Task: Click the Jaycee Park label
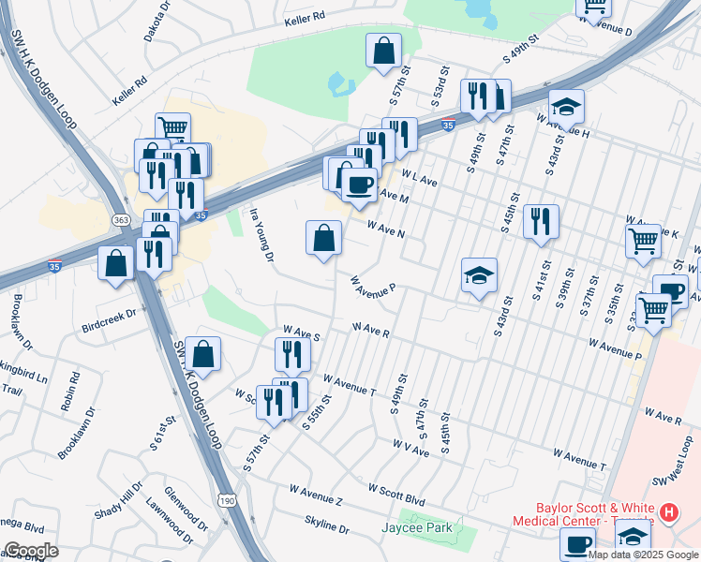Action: pos(417,527)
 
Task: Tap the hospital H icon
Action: pos(668,512)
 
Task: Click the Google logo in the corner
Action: pos(31,551)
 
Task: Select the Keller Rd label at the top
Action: pos(306,17)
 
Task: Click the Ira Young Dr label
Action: pos(260,235)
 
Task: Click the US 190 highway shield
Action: pos(226,501)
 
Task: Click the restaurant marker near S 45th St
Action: pos(541,222)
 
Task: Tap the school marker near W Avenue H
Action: pos(566,107)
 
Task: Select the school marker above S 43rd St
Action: pos(479,275)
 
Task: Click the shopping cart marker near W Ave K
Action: pos(644,240)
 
